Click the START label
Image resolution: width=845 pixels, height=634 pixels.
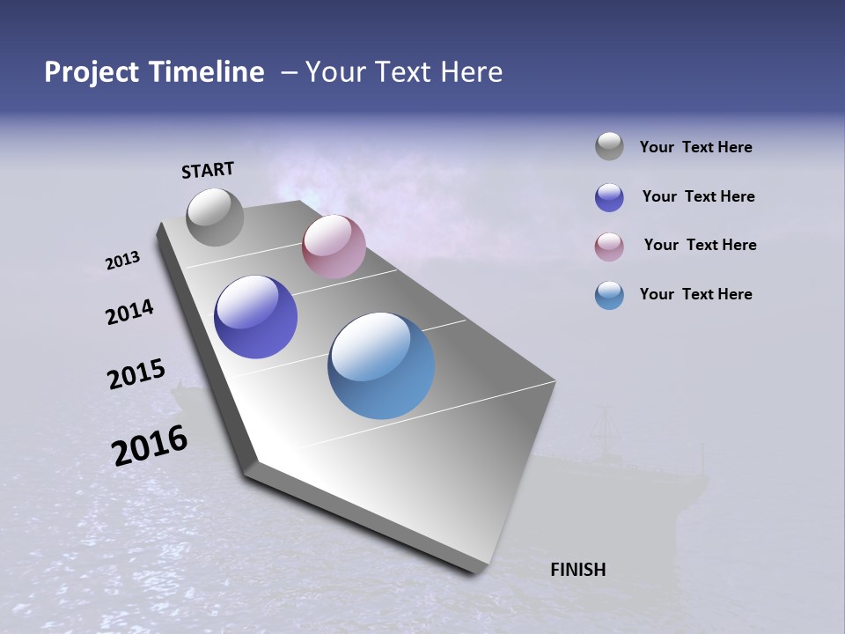pyautogui.click(x=208, y=170)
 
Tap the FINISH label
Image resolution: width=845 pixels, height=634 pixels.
pyautogui.click(x=577, y=570)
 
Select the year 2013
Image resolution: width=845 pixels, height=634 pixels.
pyautogui.click(x=122, y=261)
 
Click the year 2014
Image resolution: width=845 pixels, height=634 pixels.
pyautogui.click(x=129, y=312)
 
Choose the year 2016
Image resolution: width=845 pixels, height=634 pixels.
pyautogui.click(x=150, y=446)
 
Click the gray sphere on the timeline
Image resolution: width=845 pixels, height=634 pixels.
pyautogui.click(x=215, y=217)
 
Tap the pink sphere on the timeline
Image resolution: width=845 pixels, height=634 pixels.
pyautogui.click(x=334, y=247)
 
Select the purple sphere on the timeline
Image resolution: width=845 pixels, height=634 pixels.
pyautogui.click(x=255, y=317)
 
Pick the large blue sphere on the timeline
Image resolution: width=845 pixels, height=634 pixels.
pyautogui.click(x=381, y=365)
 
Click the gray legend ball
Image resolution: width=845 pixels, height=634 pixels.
pyautogui.click(x=609, y=147)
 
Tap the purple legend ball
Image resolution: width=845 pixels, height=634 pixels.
pyautogui.click(x=609, y=197)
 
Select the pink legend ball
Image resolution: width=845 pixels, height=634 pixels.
pyautogui.click(x=609, y=247)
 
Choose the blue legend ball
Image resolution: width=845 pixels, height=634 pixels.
pyautogui.click(x=609, y=295)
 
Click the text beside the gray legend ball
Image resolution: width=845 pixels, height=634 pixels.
pyautogui.click(x=695, y=147)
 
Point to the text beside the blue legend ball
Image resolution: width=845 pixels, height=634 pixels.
pyautogui.click(x=695, y=294)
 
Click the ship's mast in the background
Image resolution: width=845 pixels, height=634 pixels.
pyautogui.click(x=606, y=431)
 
